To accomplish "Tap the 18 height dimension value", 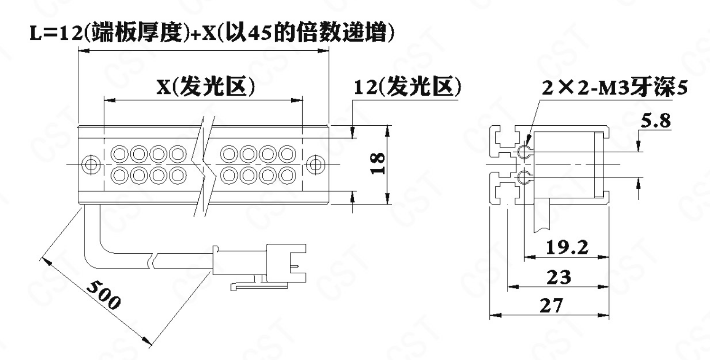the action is (x=378, y=164).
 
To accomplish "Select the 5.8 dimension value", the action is (x=656, y=121).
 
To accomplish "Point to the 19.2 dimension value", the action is (x=567, y=248).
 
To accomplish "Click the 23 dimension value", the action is (x=559, y=277).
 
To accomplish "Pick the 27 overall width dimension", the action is (x=552, y=305).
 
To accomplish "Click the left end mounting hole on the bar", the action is (x=91, y=165).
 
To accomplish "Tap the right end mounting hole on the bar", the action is (x=315, y=165).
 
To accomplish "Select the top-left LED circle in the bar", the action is (x=120, y=154).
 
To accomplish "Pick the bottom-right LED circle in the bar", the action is (x=287, y=175).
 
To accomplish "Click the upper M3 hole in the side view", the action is (x=525, y=152).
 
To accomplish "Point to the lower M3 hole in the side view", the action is (x=525, y=177).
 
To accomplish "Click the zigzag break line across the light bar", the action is (x=205, y=166).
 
